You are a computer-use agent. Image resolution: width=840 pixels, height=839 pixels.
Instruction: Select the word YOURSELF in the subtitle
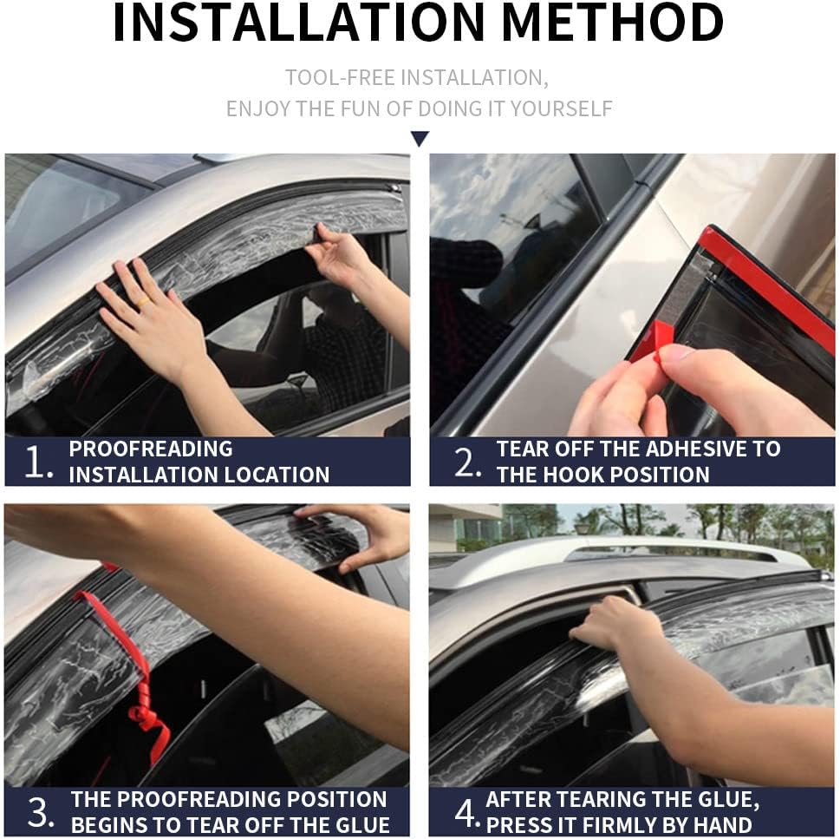tap(561, 108)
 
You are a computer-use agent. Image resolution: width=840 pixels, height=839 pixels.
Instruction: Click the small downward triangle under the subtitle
tap(420, 139)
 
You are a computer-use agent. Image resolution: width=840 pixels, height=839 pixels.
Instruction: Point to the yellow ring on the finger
tap(143, 303)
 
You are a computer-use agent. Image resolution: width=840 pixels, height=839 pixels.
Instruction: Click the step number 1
tap(38, 462)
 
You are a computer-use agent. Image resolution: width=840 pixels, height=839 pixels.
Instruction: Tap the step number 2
tap(467, 462)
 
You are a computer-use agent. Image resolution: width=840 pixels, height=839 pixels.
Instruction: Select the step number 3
tap(41, 812)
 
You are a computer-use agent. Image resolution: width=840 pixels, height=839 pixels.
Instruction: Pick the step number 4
tap(467, 812)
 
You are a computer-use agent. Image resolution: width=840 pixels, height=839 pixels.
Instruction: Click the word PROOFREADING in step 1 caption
tap(151, 449)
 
